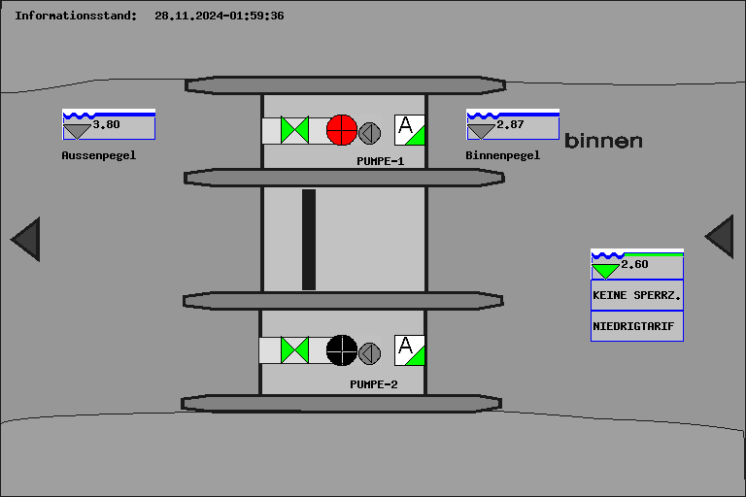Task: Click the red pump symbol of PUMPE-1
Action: coord(342,130)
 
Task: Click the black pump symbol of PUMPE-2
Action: coord(342,349)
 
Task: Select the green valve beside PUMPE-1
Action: coord(294,130)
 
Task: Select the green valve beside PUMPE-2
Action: coord(294,349)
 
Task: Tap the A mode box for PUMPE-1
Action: coord(409,130)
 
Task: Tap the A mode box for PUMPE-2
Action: coord(409,349)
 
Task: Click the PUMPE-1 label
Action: coord(380,161)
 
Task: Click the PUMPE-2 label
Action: coord(374,384)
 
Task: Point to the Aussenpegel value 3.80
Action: coord(107,124)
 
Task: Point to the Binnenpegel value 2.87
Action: coord(510,124)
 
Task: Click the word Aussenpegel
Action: coord(98,154)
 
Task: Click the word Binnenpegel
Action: coord(502,154)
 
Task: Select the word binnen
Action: coord(603,141)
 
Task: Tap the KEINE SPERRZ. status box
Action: coord(636,294)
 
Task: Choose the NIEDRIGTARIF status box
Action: coord(636,326)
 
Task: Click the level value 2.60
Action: coord(634,264)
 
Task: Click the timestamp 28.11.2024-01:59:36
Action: coord(220,16)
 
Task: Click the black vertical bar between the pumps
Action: coord(309,239)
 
